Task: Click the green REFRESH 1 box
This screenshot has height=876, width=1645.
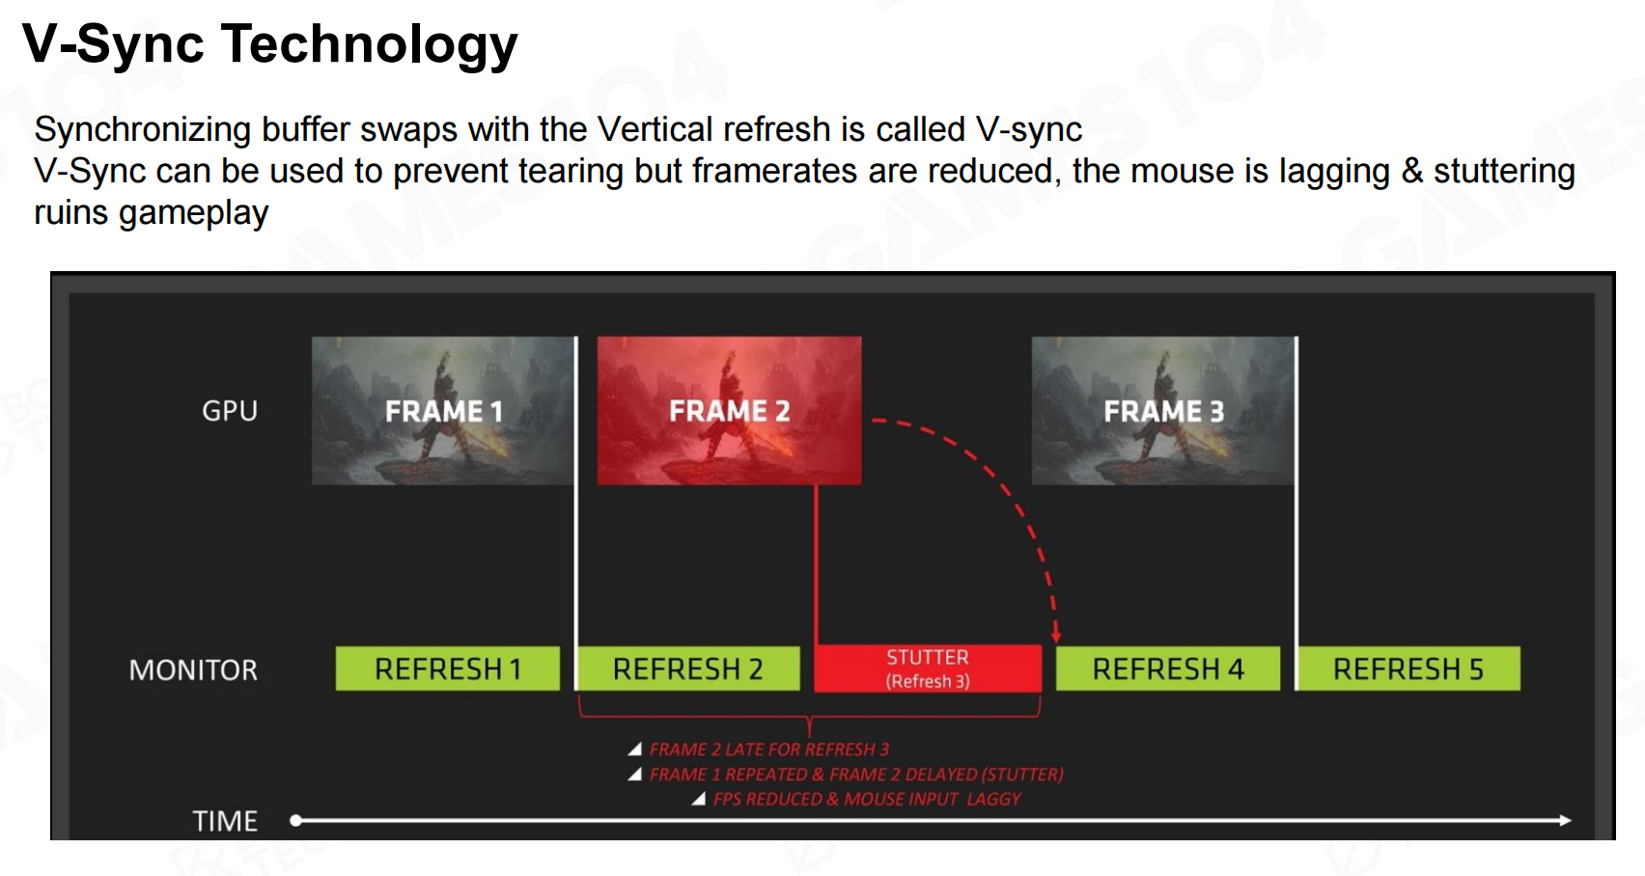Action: point(447,669)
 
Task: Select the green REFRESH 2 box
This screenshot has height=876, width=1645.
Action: point(689,669)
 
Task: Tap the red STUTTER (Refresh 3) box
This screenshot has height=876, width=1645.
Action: point(928,669)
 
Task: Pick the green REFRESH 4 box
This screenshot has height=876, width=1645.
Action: point(1168,669)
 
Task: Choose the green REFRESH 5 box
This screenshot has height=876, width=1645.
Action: point(1408,669)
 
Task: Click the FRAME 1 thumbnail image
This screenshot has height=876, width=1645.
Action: point(443,411)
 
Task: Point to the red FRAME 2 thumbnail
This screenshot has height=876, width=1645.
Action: point(729,411)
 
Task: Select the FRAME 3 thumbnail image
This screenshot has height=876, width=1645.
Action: point(1163,411)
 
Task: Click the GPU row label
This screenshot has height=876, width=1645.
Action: point(230,411)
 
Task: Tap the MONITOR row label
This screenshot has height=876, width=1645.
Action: point(193,670)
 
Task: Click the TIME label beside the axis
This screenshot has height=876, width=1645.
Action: point(225,821)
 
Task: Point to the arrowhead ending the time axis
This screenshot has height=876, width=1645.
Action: point(1565,820)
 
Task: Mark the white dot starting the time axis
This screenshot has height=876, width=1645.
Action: point(296,820)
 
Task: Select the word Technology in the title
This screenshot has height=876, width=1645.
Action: point(370,44)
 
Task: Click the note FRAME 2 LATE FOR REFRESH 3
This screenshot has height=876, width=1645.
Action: point(768,749)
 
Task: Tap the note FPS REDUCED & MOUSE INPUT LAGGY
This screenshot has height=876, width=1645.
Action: point(867,799)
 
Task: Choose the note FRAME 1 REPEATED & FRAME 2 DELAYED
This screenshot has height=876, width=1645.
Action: point(856,774)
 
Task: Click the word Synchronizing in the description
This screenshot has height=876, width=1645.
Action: point(143,130)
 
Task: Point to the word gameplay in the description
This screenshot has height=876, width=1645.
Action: point(194,213)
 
